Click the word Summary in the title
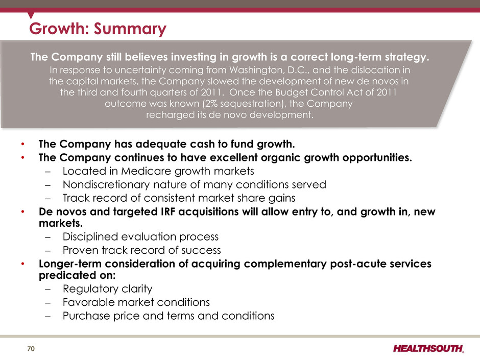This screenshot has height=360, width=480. point(130,29)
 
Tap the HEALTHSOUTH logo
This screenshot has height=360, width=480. point(428,349)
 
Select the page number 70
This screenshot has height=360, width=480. point(31,349)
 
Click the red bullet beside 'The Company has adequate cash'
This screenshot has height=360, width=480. point(22,144)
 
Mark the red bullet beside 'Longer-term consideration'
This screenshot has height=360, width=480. point(22,264)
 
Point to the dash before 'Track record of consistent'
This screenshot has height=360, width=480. point(47,198)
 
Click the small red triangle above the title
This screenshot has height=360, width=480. point(31,15)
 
